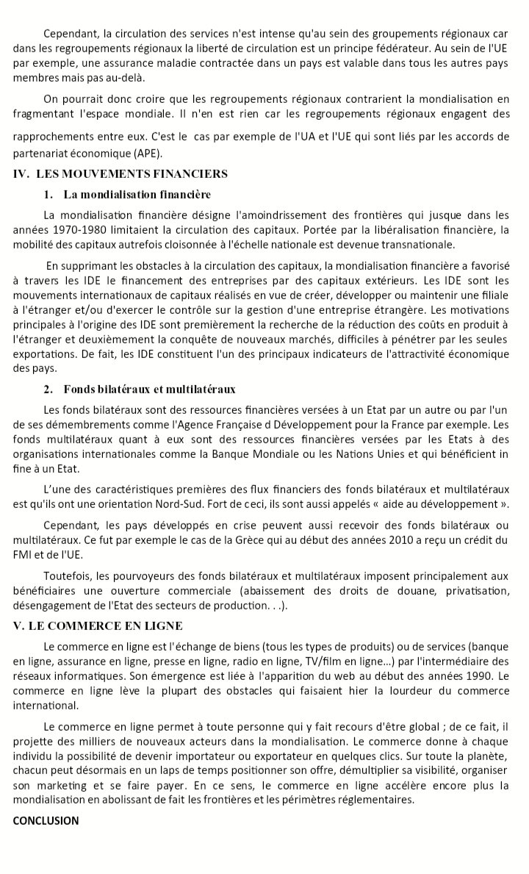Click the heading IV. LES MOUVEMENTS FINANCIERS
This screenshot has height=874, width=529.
tap(120, 174)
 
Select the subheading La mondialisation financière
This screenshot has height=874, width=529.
tap(137, 195)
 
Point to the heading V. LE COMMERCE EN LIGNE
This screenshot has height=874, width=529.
tap(98, 626)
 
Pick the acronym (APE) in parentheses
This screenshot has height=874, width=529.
tap(146, 153)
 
